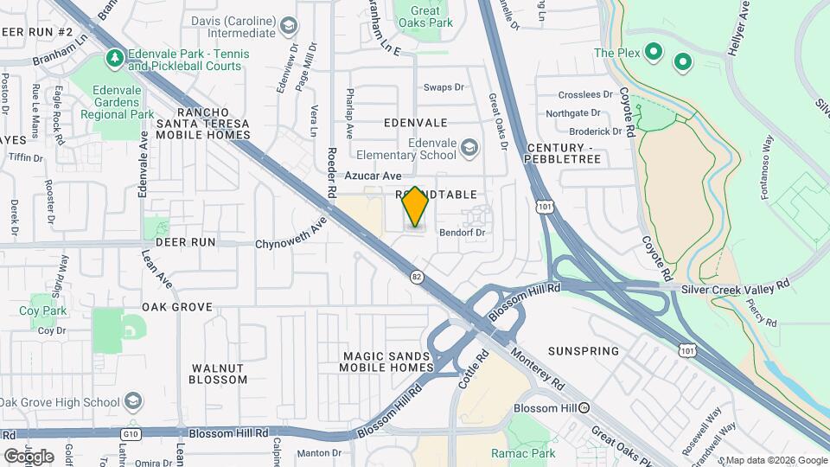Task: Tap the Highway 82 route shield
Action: click(x=417, y=276)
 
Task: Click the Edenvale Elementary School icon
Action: click(x=469, y=148)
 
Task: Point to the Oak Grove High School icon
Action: click(x=133, y=401)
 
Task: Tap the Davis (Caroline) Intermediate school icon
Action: click(x=288, y=26)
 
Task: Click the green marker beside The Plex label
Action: click(x=654, y=53)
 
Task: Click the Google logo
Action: click(x=29, y=456)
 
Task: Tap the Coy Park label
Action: click(x=42, y=310)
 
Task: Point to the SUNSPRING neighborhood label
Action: click(x=584, y=351)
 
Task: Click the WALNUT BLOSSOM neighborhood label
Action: click(x=218, y=373)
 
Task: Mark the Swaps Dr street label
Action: click(x=444, y=87)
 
